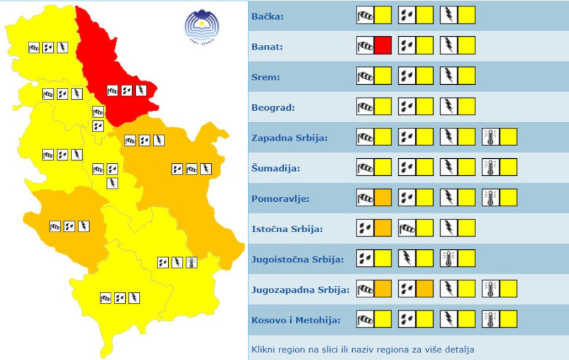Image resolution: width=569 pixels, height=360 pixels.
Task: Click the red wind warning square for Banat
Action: tap(382, 46)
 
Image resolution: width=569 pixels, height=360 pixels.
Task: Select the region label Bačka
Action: tap(268, 16)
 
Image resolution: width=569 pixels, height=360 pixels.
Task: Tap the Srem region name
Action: tap(266, 77)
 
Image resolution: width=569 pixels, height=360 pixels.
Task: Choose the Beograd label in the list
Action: tap(273, 108)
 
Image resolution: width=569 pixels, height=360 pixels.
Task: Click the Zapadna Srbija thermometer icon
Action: tap(491, 137)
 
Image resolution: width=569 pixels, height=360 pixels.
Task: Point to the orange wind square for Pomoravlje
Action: tap(382, 197)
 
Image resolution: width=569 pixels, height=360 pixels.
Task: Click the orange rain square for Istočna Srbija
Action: tap(382, 228)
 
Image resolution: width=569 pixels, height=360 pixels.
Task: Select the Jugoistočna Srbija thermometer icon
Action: tap(449, 258)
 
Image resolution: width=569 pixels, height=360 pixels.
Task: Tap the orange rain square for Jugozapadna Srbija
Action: tap(424, 289)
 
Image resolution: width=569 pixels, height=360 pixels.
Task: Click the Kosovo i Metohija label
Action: tap(296, 320)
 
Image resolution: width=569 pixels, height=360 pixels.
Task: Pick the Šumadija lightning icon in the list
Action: tap(449, 167)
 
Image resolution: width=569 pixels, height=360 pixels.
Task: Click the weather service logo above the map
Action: tap(200, 27)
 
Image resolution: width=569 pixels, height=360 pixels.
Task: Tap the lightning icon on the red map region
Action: tap(141, 90)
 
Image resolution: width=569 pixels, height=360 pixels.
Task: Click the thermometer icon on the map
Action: tap(192, 262)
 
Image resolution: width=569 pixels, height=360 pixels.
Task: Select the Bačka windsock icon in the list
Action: tap(365, 15)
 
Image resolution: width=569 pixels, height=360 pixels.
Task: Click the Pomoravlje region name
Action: tap(280, 199)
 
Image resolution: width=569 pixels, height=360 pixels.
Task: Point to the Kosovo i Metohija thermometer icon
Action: tap(491, 319)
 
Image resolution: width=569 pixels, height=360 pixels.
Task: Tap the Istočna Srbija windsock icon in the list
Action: tap(407, 228)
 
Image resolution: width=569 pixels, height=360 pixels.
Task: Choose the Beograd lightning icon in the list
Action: tap(449, 106)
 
